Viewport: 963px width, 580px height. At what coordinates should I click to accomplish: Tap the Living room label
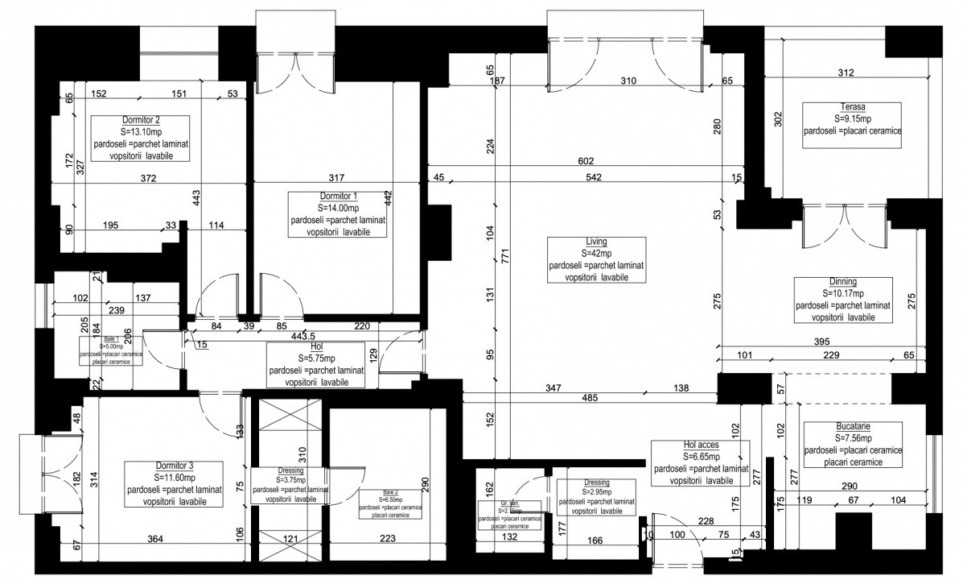(596, 242)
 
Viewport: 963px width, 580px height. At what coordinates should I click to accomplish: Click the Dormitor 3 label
(174, 466)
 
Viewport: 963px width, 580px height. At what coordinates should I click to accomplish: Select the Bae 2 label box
(389, 504)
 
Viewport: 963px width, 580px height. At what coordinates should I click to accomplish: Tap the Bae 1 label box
(110, 351)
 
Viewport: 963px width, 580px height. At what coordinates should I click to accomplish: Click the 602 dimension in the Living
(595, 161)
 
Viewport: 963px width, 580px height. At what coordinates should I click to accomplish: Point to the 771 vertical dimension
(504, 256)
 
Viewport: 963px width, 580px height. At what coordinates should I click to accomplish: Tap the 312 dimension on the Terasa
(846, 72)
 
